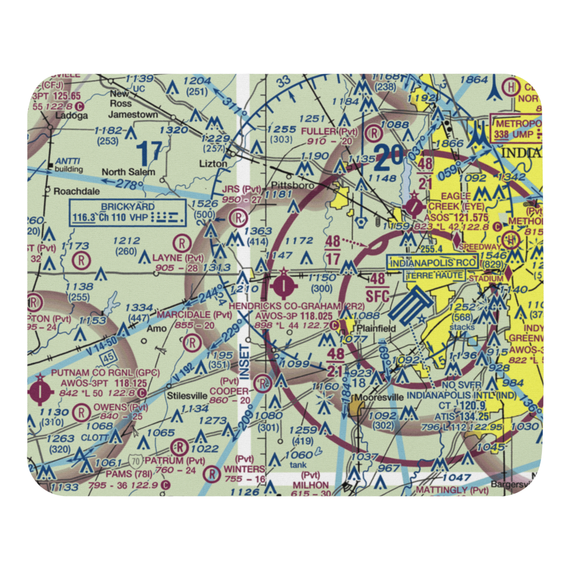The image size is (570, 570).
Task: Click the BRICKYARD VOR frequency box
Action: [x=128, y=212]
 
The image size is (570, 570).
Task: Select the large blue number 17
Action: [x=149, y=153]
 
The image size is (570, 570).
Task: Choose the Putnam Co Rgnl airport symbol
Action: [x=40, y=390]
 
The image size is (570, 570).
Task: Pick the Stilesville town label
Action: [x=165, y=393]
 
